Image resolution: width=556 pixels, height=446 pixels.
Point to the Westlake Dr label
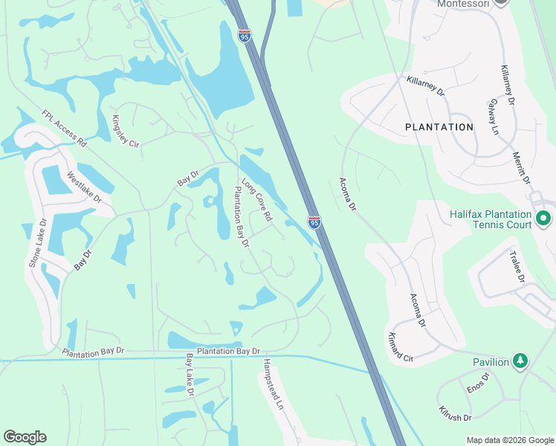pos(83,187)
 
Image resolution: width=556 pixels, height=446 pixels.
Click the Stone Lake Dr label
pos(37,243)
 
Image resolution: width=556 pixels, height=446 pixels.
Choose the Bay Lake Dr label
pos(190,375)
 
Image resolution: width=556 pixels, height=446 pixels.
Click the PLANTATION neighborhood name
pos(439,127)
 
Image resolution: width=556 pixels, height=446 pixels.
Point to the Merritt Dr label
pos(521,169)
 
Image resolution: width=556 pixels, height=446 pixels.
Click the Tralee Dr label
pos(517,266)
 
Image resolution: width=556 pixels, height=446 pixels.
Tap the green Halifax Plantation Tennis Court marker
pos(543,219)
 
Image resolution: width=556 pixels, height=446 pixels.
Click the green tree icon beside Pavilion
pos(521,362)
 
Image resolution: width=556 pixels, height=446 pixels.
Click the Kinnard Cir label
pos(400,347)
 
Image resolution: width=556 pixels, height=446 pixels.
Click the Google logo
pos(25,437)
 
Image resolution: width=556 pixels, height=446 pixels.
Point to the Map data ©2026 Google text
pos(510,440)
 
